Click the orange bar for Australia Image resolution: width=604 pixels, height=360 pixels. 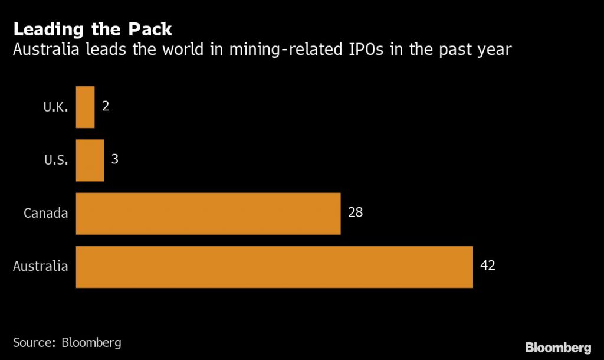[274, 267]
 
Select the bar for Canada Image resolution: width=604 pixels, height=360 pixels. [208, 214]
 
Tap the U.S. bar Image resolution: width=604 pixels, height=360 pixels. [90, 161]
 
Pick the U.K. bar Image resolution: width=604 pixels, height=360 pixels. [85, 107]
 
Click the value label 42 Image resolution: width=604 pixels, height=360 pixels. [487, 265]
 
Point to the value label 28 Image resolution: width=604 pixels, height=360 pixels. [355, 212]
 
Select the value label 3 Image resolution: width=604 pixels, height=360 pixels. [114, 159]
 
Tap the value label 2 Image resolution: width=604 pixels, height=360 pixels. [106, 106]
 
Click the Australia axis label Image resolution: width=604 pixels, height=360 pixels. [41, 266]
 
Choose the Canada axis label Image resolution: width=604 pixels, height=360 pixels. [46, 213]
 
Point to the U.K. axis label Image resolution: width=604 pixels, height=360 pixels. [55, 107]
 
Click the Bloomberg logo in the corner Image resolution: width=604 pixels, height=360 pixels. [557, 346]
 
